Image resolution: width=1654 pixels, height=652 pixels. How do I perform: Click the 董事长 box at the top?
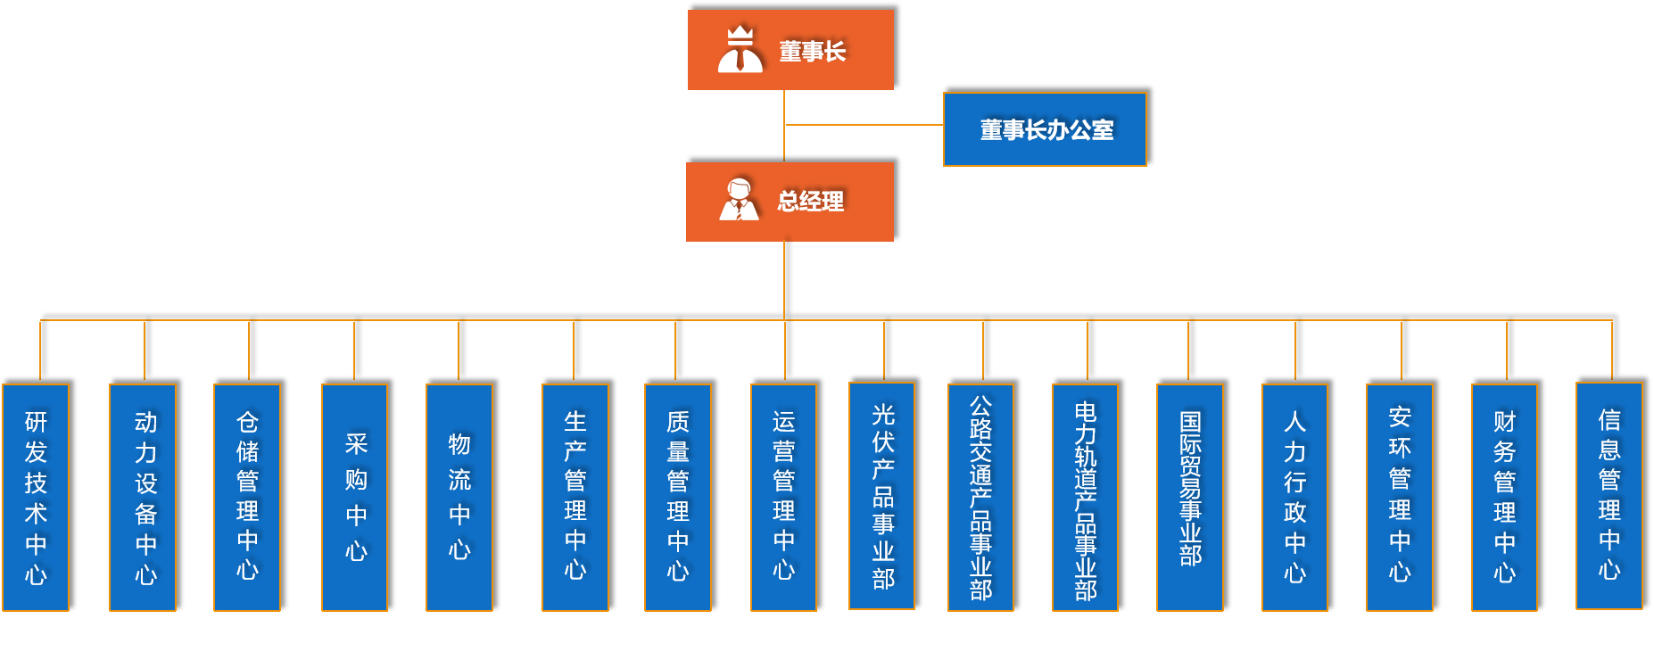(790, 50)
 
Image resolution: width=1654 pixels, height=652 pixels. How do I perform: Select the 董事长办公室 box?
(1045, 129)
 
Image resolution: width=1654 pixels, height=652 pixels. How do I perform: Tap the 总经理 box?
(790, 202)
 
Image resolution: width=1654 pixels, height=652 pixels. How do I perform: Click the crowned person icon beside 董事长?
(740, 50)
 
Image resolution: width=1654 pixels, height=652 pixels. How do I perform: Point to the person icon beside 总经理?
(739, 200)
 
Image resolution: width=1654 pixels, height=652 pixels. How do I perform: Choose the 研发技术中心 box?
(36, 497)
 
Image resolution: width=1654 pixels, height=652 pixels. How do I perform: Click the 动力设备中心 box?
(143, 497)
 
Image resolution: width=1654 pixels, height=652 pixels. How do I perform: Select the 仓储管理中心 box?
(247, 497)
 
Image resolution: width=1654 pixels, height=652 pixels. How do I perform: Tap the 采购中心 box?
(354, 497)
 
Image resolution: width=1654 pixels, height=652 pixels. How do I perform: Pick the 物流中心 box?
(459, 497)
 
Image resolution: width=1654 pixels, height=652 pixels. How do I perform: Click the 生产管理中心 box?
(575, 497)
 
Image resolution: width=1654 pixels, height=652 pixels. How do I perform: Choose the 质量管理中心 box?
(678, 497)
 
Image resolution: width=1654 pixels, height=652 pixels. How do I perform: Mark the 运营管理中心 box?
(783, 497)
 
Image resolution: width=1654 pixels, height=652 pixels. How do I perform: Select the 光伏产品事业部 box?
(882, 495)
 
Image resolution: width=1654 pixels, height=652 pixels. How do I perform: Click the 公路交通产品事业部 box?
(980, 497)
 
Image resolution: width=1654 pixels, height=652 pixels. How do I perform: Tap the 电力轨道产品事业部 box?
(1085, 497)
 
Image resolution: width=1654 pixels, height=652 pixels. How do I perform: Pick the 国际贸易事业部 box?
(1189, 497)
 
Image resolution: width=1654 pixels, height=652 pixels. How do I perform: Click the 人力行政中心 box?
(1294, 497)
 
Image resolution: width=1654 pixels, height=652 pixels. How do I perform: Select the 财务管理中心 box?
(1504, 497)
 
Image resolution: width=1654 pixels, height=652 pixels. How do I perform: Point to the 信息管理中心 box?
(1609, 495)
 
